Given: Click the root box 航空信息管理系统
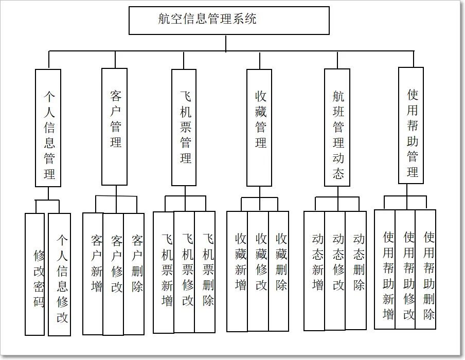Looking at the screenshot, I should [x=229, y=21].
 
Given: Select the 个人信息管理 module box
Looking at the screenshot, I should [x=48, y=128].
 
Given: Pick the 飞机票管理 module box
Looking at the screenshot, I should [x=184, y=127].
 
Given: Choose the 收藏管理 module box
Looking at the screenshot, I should [x=259, y=128].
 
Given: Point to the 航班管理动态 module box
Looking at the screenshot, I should [x=337, y=128].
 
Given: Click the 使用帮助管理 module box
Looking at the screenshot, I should [x=411, y=125].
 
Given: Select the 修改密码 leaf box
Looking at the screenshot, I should [x=35, y=274].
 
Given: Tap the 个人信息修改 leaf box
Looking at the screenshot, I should [x=60, y=274].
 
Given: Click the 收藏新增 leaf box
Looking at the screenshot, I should [x=237, y=271].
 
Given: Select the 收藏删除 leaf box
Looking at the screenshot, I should [x=279, y=271].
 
